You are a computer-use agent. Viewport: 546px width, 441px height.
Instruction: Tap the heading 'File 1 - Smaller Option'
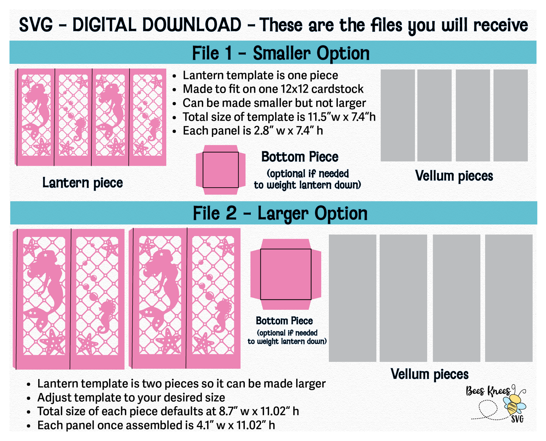click(x=281, y=53)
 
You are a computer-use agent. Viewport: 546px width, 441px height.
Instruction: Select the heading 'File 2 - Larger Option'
click(x=280, y=213)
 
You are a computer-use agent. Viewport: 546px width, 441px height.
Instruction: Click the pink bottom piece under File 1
click(x=221, y=170)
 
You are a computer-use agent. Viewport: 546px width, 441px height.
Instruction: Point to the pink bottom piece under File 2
click(x=286, y=274)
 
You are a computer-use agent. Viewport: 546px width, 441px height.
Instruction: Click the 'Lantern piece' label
click(x=82, y=183)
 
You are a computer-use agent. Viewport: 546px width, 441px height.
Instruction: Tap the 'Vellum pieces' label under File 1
click(x=454, y=176)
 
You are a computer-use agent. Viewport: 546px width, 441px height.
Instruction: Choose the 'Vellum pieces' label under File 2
click(x=430, y=374)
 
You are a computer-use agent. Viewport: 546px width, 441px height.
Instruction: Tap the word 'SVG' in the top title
click(x=36, y=25)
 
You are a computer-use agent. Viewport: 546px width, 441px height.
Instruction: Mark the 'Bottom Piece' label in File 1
click(x=300, y=157)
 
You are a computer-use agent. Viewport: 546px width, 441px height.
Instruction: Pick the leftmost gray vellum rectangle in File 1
click(x=398, y=115)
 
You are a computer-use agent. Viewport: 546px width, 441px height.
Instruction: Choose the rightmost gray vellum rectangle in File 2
click(x=509, y=298)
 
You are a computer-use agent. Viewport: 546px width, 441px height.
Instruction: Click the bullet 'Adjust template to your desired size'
click(x=131, y=398)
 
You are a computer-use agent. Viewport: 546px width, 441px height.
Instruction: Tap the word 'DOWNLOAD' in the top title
click(x=156, y=25)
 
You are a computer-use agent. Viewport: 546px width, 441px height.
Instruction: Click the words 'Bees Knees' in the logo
click(x=488, y=391)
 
